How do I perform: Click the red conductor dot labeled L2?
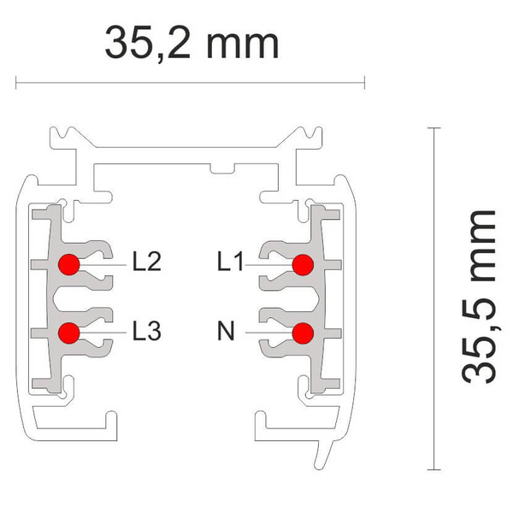69,264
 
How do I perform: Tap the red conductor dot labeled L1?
303,265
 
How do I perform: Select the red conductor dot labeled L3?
69,333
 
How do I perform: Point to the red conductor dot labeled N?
303,333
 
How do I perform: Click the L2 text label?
147,262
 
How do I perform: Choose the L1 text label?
231,262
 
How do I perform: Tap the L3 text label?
147,330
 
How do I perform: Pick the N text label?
226,330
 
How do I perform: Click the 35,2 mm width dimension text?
192,44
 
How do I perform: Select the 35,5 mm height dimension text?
478,297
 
